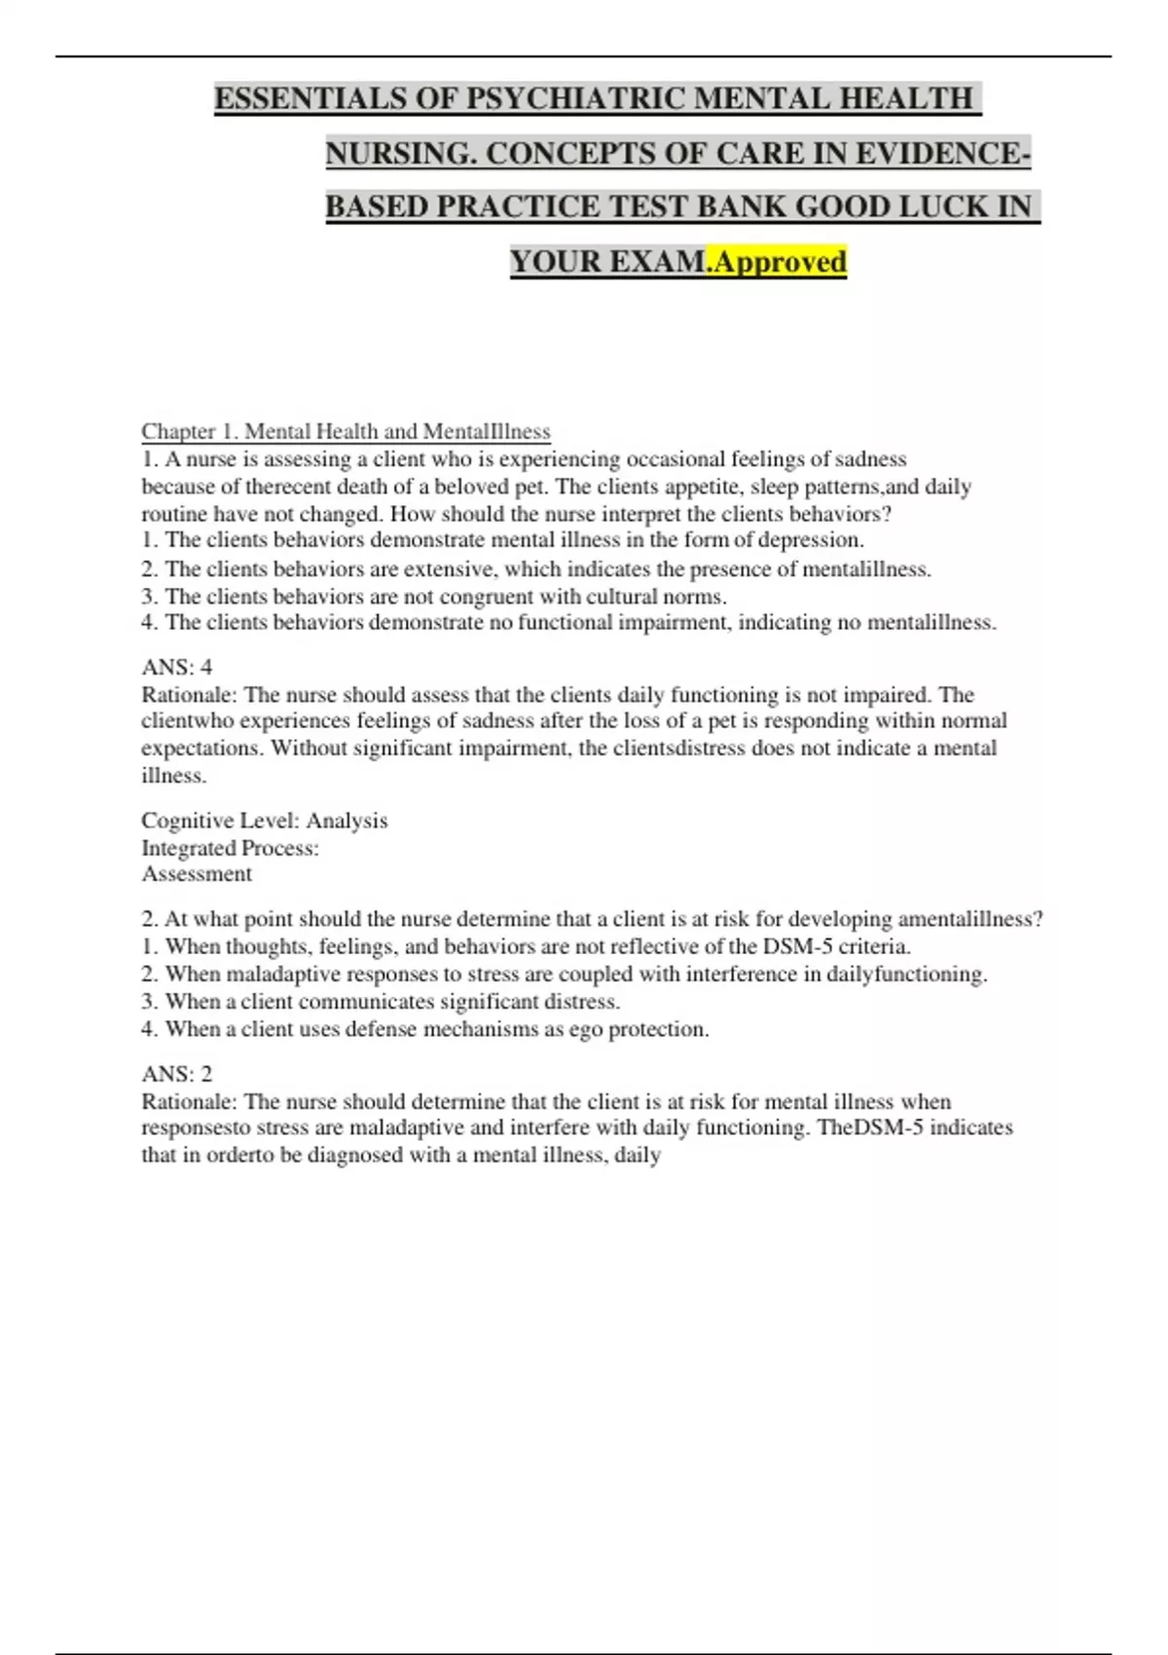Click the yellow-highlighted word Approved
tap(780, 261)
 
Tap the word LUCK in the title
tap(940, 206)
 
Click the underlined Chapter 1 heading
tap(346, 431)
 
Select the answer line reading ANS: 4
tap(177, 667)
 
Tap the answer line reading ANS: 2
tap(177, 1074)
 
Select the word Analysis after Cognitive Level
tap(347, 821)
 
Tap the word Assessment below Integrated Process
tap(197, 874)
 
